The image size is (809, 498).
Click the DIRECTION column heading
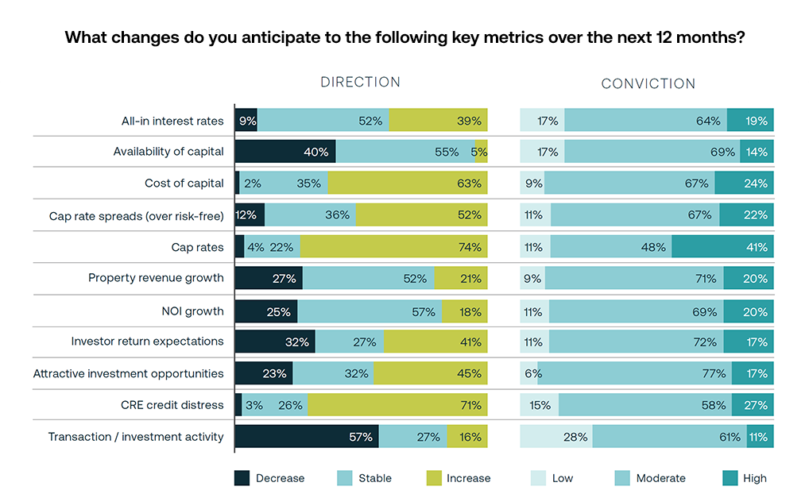pos(360,83)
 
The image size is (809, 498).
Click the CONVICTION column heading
pos(648,83)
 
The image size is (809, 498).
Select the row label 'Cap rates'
pos(198,247)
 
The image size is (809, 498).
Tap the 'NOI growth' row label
pos(192,311)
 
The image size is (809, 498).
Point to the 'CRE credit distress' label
pos(172,405)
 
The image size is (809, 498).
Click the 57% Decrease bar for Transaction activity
pos(307,436)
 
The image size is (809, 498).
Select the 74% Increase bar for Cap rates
pos(393,247)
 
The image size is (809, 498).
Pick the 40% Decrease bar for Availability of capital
pos(285,151)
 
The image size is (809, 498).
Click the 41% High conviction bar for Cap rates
pos(722,247)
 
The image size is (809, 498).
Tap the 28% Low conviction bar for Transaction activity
pos(555,436)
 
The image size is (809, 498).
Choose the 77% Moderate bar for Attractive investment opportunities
pos(634,373)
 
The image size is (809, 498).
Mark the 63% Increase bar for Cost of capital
pos(407,183)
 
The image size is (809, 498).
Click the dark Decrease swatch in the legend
pos(242,478)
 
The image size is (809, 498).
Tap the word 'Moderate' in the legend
pos(660,478)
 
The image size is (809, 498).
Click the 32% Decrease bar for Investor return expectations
pos(275,342)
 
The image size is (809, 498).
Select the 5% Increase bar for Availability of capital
pos(481,151)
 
